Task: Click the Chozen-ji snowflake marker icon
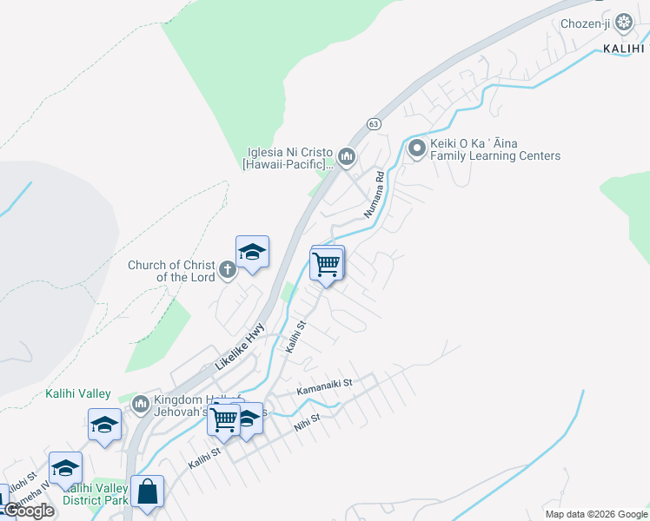pos(623,23)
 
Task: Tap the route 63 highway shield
pos(373,124)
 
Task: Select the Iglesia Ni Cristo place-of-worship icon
pos(348,157)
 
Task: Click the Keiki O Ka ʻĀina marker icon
pos(416,149)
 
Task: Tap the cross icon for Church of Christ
pos(228,270)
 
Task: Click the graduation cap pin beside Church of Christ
pos(252,253)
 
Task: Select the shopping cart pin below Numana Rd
pos(327,263)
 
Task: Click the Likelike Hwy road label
pos(239,346)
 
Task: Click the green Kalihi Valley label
pos(78,393)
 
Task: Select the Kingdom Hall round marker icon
pos(141,404)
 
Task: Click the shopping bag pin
pos(147,491)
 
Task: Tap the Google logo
pos(29,511)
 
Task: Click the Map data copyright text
pos(596,514)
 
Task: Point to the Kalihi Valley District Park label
pos(96,494)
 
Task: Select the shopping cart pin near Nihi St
pos(223,419)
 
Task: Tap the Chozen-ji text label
pos(585,23)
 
